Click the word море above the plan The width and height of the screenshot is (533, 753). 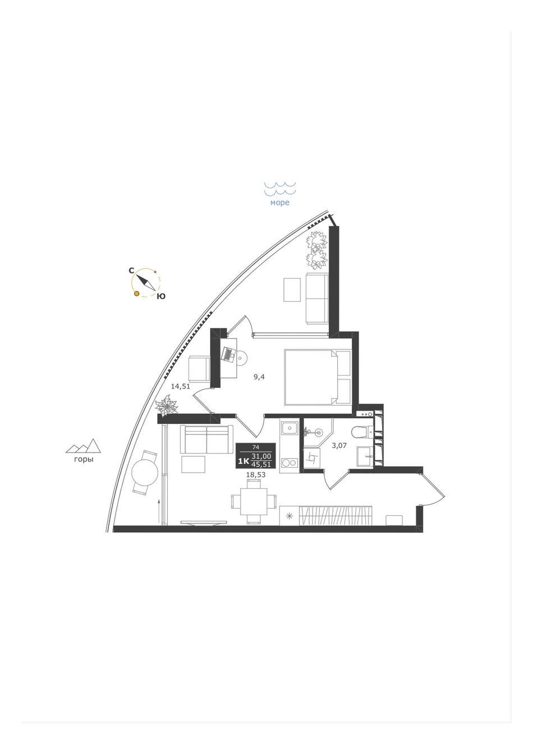coord(280,203)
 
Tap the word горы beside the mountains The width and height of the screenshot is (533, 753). coord(84,460)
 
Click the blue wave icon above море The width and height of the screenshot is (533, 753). coord(280,188)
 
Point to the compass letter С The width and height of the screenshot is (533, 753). coord(132,271)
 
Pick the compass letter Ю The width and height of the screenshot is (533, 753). coord(162,296)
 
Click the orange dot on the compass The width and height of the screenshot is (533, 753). coord(136,293)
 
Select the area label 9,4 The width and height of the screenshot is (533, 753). coord(259,377)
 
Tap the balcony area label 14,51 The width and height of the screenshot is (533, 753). coord(181,386)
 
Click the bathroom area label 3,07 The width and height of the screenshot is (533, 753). coord(339,446)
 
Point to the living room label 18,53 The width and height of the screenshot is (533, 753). coord(256,475)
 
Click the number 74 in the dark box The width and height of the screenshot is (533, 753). coord(256,447)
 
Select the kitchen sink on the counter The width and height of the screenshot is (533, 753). coord(288,428)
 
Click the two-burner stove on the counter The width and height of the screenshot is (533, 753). coord(289,463)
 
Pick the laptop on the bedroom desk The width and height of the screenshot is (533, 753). coord(229,354)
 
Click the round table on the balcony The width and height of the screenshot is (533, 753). coord(145,472)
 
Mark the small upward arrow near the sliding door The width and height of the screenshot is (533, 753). coord(158,511)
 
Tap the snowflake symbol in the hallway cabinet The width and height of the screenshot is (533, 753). coord(289,515)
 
